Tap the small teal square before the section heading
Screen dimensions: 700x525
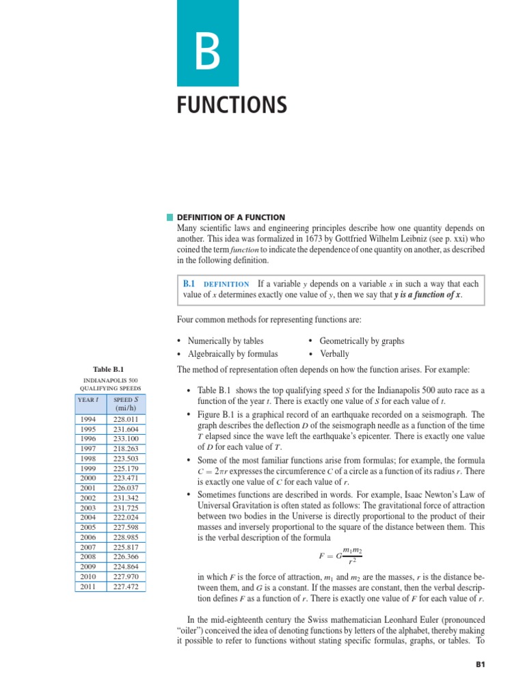[170, 217]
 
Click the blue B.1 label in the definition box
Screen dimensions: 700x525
[189, 283]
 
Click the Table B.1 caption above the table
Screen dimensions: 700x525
[109, 369]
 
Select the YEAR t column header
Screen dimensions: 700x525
[91, 399]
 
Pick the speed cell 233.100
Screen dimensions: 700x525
[126, 438]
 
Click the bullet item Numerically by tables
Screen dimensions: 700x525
[226, 340]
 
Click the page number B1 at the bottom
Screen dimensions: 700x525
[480, 664]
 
